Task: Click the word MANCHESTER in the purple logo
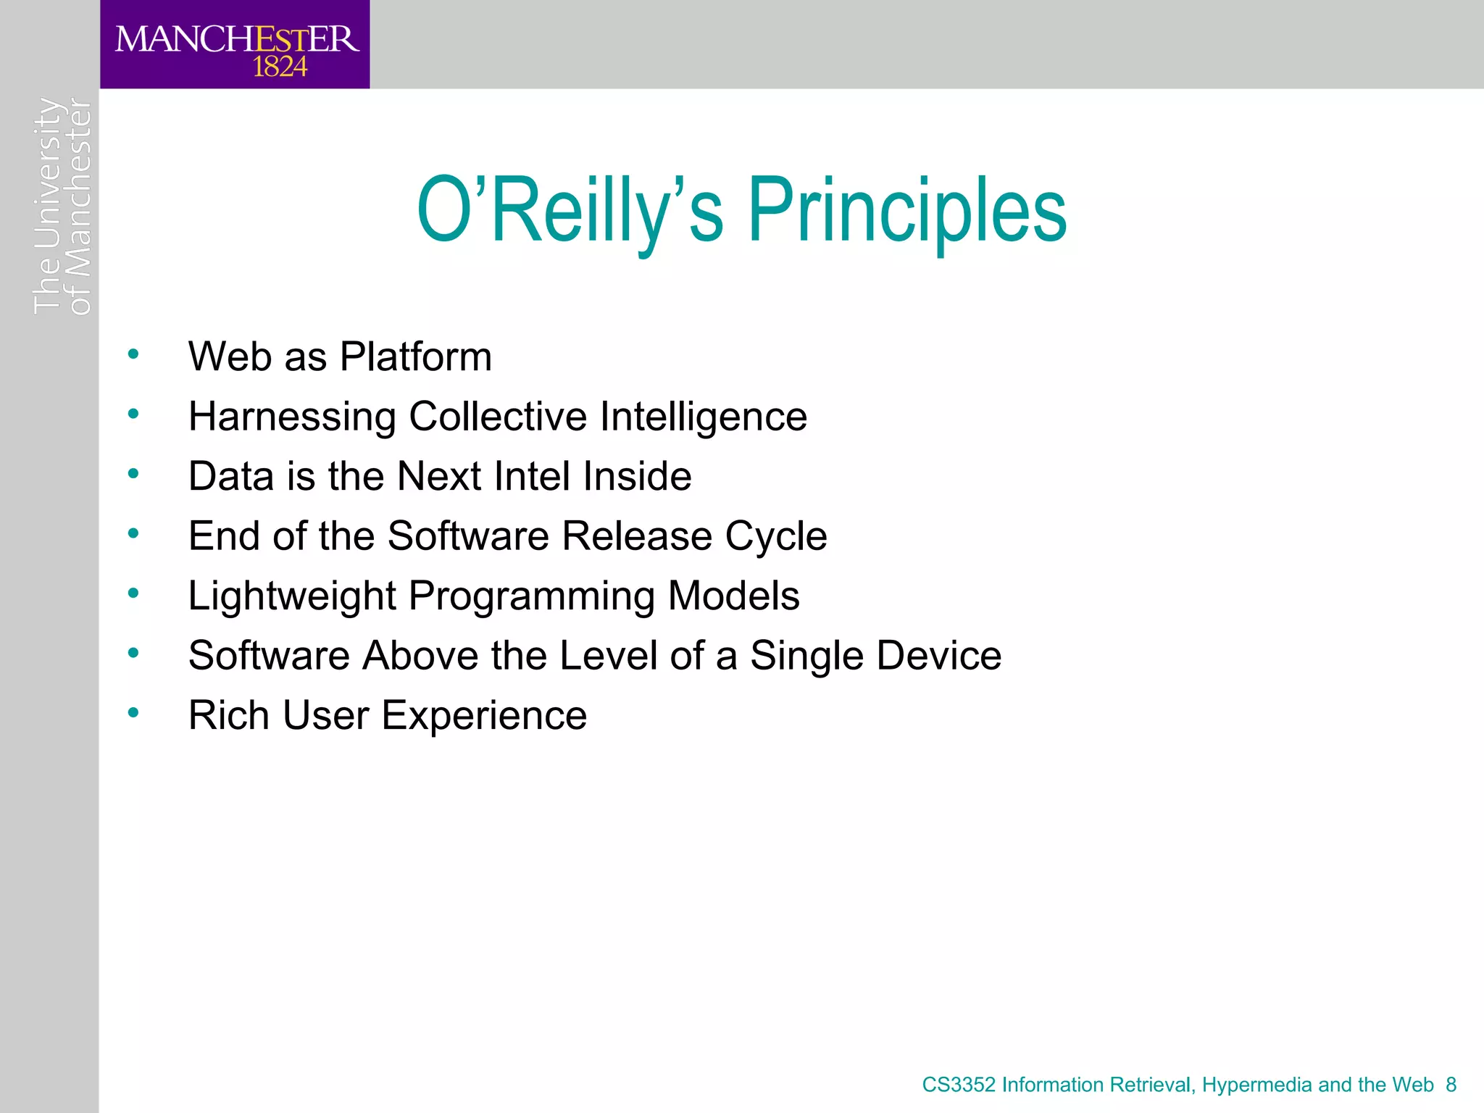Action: coord(237,38)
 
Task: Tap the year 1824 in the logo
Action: coord(280,67)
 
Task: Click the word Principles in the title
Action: coord(906,211)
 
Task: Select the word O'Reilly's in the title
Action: coord(570,211)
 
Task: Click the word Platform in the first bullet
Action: coord(416,357)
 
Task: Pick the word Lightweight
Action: coord(291,596)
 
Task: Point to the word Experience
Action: coord(483,715)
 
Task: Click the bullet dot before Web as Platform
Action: coord(133,354)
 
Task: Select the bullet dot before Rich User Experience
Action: coord(133,713)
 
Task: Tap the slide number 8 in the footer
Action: coord(1451,1085)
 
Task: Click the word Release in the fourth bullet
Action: coord(637,536)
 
